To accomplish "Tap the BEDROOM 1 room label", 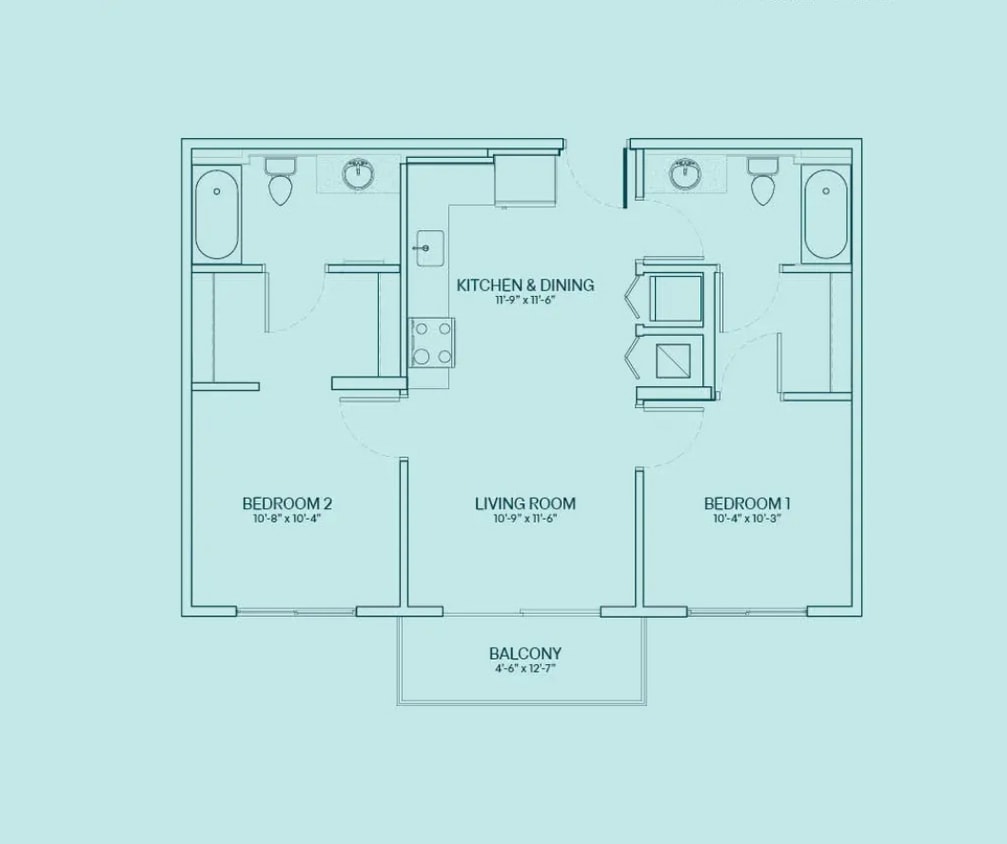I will (748, 503).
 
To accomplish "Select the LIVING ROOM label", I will (525, 503).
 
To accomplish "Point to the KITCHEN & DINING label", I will (525, 285).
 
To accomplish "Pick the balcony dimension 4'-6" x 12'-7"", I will (524, 669).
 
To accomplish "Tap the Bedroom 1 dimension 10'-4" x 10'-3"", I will (748, 519).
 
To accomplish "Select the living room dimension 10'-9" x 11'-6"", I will (525, 519).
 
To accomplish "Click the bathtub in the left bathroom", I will (217, 215).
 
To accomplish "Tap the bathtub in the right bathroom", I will (826, 215).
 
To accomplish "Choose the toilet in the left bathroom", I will (279, 183).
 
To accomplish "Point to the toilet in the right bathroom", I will (763, 183).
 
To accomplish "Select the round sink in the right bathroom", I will (684, 175).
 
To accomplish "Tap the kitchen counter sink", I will (428, 246).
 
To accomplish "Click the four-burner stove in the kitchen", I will (431, 341).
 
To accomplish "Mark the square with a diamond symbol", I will (678, 358).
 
